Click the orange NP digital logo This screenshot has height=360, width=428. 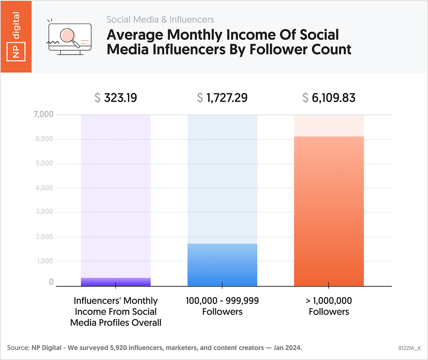pyautogui.click(x=16, y=37)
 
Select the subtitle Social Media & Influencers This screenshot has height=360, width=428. pyautogui.click(x=160, y=20)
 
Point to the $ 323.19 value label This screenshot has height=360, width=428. pyautogui.click(x=116, y=98)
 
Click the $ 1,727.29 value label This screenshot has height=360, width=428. pyautogui.click(x=222, y=98)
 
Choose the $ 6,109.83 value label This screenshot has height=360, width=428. pyautogui.click(x=329, y=98)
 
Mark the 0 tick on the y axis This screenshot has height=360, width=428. pyautogui.click(x=51, y=282)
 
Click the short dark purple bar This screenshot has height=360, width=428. pyautogui.click(x=116, y=282)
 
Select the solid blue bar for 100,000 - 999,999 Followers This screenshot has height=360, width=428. pyautogui.click(x=222, y=265)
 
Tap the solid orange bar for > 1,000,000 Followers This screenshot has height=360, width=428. pyautogui.click(x=329, y=211)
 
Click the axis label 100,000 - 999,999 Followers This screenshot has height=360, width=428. pyautogui.click(x=222, y=306)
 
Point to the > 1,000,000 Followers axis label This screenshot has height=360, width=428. pyautogui.click(x=329, y=306)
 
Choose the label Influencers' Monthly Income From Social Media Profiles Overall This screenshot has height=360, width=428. pyautogui.click(x=116, y=312)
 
